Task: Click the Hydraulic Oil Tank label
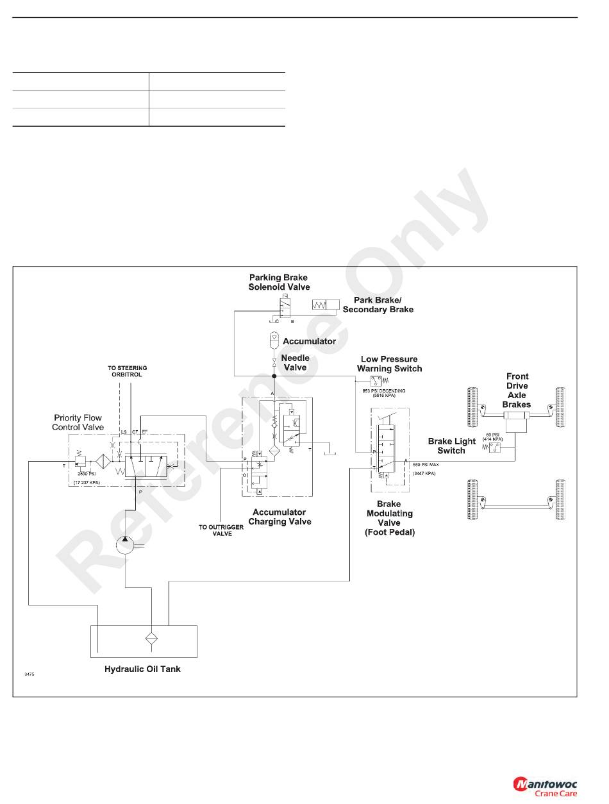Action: tap(142, 669)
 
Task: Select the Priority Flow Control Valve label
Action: tap(78, 423)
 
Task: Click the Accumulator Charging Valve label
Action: tap(279, 517)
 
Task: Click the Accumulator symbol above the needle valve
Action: tap(274, 337)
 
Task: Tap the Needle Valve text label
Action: tap(295, 363)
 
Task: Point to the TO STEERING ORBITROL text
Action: tap(127, 371)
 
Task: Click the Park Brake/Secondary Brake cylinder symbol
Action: tap(326, 305)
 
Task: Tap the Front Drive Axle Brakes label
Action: tap(517, 390)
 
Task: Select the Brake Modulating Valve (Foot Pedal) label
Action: tap(390, 518)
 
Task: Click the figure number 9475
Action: tap(30, 674)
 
